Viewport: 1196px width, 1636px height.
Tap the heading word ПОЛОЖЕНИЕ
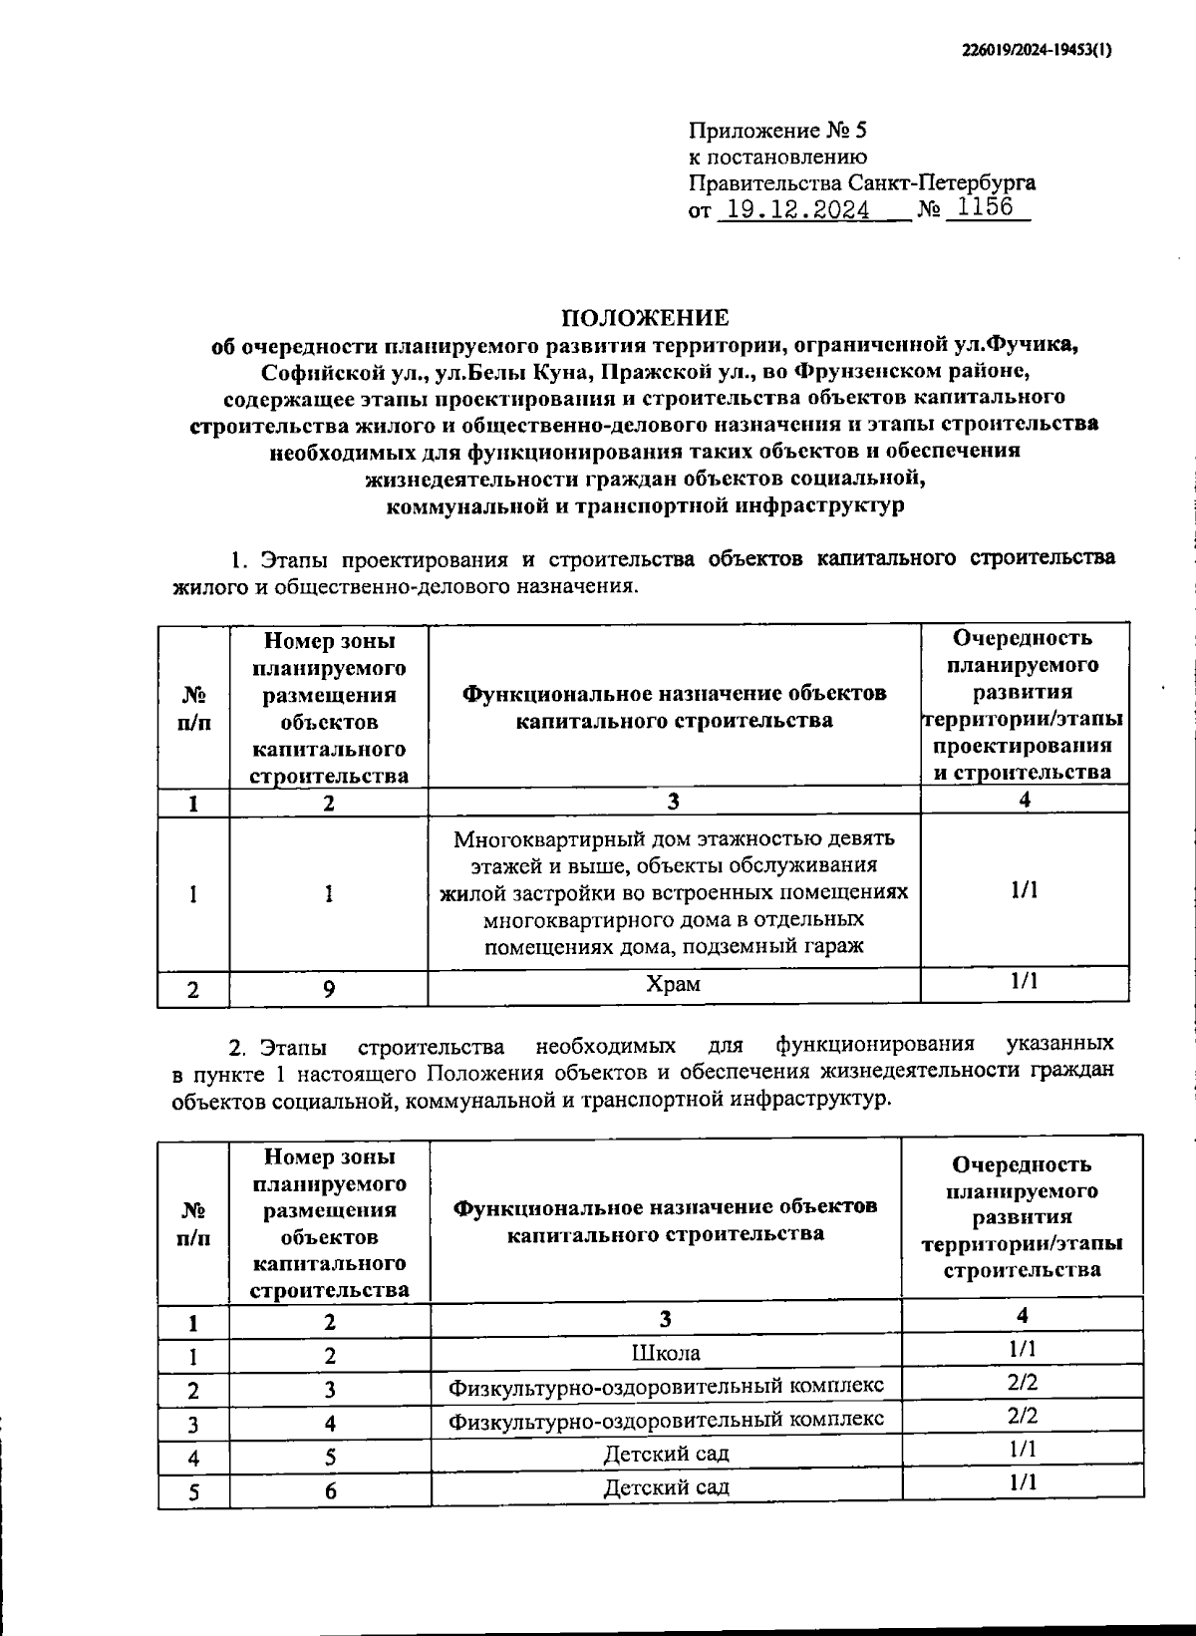coord(645,318)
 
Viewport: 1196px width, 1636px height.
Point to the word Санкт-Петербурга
coord(941,182)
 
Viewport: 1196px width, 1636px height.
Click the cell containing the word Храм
coord(673,984)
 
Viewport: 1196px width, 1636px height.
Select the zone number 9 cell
coord(329,989)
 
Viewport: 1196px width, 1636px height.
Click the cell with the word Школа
coord(666,1353)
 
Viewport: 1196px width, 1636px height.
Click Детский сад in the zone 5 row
coord(666,1454)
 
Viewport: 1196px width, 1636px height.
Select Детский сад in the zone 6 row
coord(666,1487)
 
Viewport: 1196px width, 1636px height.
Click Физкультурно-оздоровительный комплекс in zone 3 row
coord(666,1386)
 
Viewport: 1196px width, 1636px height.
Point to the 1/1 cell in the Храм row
coord(1024,981)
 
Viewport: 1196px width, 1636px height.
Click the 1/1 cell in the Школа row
coord(1022,1349)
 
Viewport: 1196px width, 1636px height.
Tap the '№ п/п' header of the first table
coord(193,709)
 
